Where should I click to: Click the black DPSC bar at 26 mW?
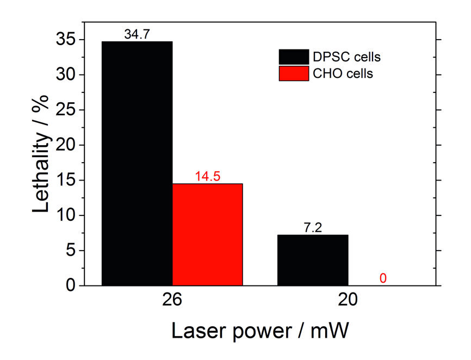(x=137, y=163)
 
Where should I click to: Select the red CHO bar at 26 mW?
(x=207, y=234)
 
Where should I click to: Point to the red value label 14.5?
(x=207, y=177)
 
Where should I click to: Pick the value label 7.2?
(x=313, y=228)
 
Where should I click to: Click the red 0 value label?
(x=383, y=278)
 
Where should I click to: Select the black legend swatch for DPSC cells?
(x=294, y=57)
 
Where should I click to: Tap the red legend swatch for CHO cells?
(x=294, y=73)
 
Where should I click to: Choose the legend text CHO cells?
(x=343, y=74)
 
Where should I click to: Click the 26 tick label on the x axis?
(x=172, y=301)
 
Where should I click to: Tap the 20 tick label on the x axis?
(x=348, y=301)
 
